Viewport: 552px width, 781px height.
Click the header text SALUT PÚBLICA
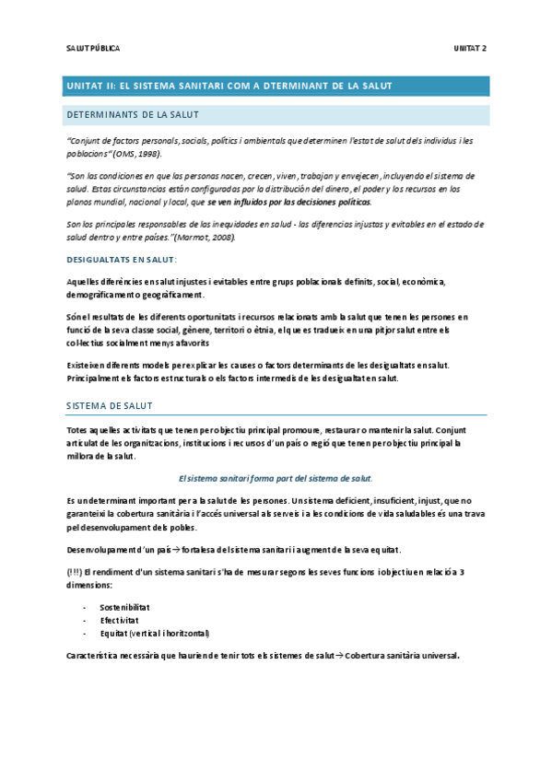tap(93, 47)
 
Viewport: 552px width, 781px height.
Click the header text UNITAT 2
tap(470, 47)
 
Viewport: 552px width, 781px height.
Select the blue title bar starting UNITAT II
tap(277, 86)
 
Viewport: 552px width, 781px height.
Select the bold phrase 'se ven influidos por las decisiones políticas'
tap(289, 202)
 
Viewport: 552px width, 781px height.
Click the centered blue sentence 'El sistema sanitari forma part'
tap(275, 478)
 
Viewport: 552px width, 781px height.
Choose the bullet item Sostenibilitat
tap(125, 608)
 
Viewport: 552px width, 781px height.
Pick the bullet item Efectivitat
tap(120, 621)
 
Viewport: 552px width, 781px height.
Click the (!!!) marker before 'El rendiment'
tap(76, 572)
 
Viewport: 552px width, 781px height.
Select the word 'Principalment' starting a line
tap(96, 379)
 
